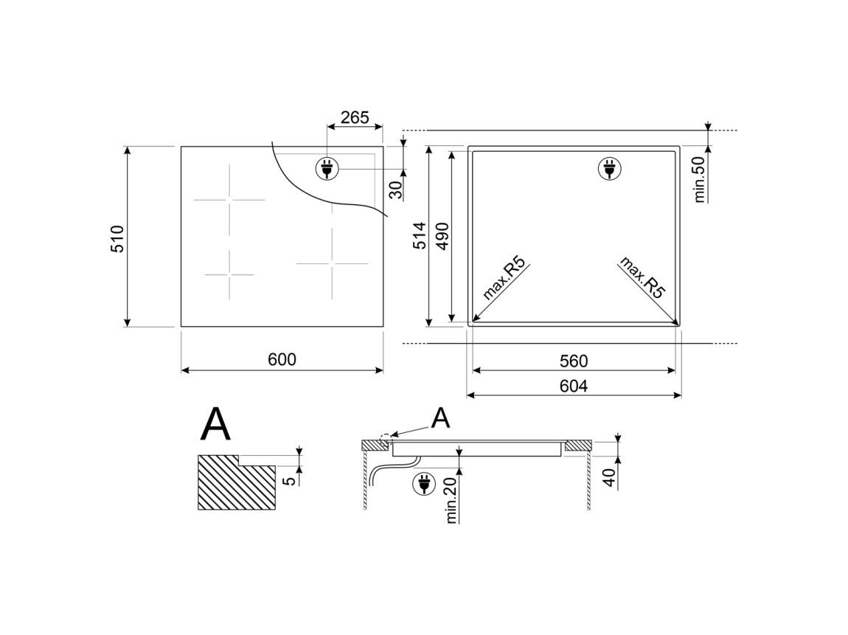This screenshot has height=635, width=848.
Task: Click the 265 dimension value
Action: pos(355,117)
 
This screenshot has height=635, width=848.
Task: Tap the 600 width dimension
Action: pos(282,360)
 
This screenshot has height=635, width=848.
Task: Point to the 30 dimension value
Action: pos(397,190)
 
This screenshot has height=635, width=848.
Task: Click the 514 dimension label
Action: pos(420,235)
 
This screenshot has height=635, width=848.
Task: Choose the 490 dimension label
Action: pos(443,235)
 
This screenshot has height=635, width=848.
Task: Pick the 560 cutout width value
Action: pos(573,361)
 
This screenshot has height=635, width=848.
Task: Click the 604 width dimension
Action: pos(573,386)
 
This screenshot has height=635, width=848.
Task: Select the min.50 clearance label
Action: pos(699,179)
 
